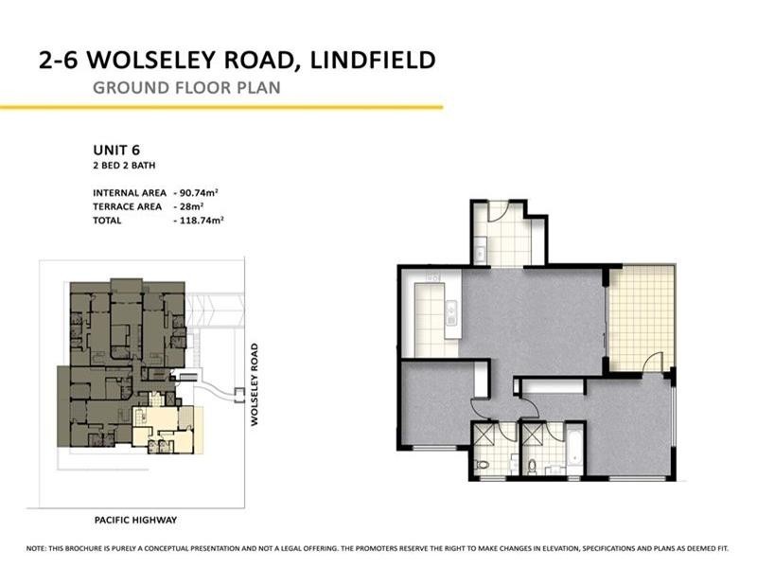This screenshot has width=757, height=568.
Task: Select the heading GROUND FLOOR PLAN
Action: tap(186, 90)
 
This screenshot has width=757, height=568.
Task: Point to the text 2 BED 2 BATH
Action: tap(123, 166)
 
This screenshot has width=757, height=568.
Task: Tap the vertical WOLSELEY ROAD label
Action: tap(255, 384)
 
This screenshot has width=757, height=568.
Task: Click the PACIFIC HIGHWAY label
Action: tap(135, 520)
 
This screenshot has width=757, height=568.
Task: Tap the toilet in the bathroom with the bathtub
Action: tap(533, 465)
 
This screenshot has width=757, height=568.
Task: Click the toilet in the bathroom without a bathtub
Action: tap(481, 465)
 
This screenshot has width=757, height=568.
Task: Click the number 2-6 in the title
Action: tap(64, 62)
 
